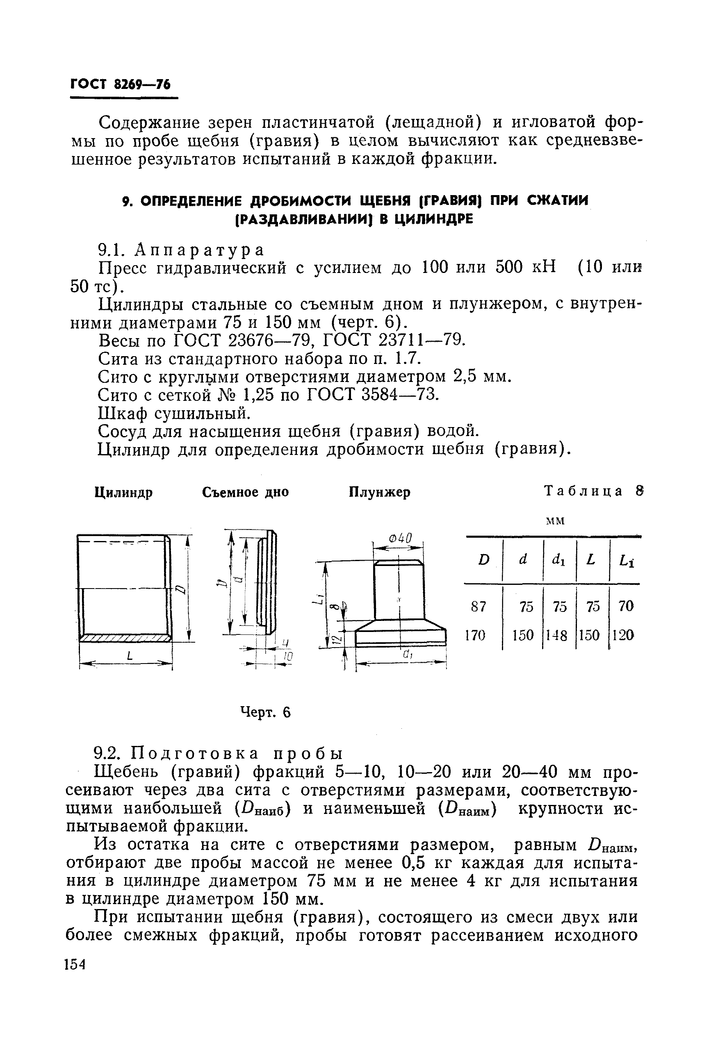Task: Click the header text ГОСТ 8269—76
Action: tap(121, 84)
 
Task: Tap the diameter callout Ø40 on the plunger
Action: tap(399, 538)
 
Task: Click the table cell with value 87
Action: tap(479, 607)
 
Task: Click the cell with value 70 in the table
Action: tap(626, 607)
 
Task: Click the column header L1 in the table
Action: tap(626, 561)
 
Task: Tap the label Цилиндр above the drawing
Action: tap(123, 493)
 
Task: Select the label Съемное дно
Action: tap(245, 493)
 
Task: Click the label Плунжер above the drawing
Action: tap(379, 493)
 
